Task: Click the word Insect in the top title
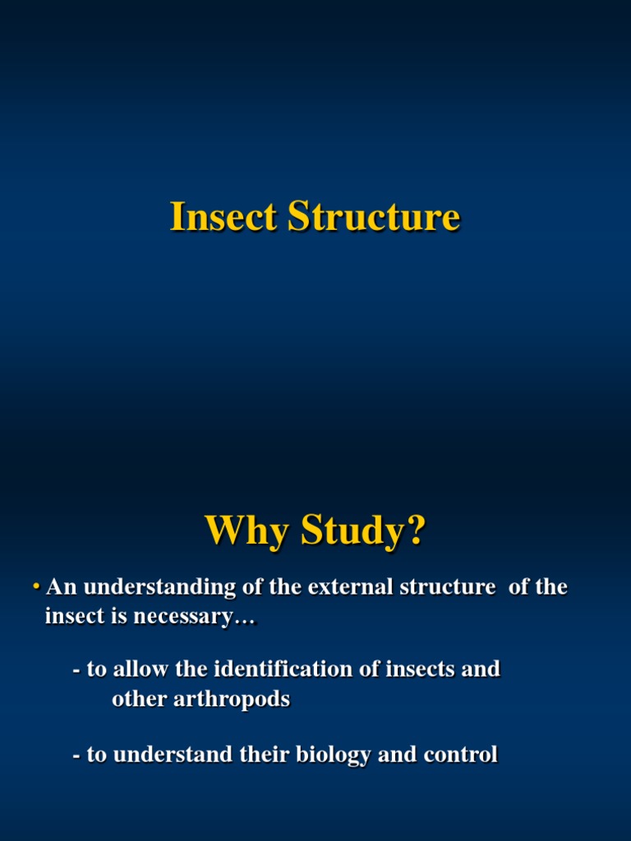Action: [x=224, y=218]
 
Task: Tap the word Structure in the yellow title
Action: [x=374, y=218]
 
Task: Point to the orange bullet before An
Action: [x=37, y=587]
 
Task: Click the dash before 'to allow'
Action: [x=76, y=670]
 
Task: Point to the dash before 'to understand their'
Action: [x=76, y=755]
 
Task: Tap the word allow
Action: [x=141, y=669]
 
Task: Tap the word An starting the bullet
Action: [x=62, y=588]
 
